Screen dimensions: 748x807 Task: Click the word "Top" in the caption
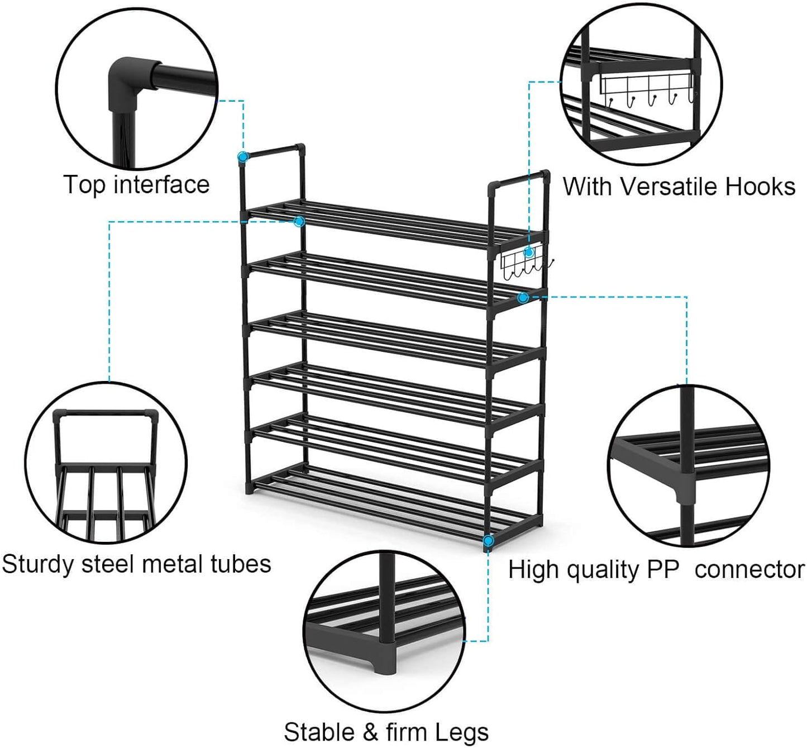point(84,185)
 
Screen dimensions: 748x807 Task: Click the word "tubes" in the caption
point(241,564)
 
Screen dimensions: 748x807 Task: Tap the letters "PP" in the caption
point(663,570)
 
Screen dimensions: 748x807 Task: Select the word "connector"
point(749,570)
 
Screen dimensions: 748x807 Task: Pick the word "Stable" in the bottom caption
point(319,732)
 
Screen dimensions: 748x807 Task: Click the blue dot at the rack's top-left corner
point(242,157)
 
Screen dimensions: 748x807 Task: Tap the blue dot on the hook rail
point(529,252)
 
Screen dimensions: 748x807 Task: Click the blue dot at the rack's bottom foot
point(488,541)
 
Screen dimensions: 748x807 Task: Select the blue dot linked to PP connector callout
point(523,298)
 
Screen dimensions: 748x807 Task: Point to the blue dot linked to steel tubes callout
point(299,221)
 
